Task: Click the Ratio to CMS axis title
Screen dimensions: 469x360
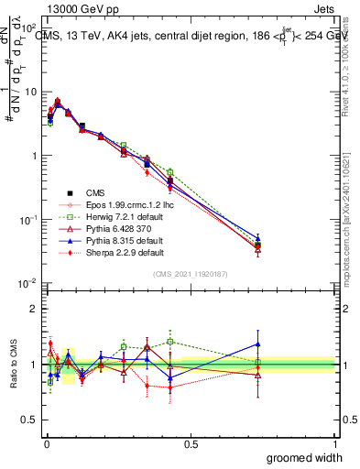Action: point(12,365)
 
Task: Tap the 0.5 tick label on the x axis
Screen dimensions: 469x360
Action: point(191,442)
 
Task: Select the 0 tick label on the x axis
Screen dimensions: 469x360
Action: point(46,442)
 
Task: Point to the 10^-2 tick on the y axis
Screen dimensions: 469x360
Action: point(28,283)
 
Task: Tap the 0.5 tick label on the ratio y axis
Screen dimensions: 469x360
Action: point(30,421)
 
